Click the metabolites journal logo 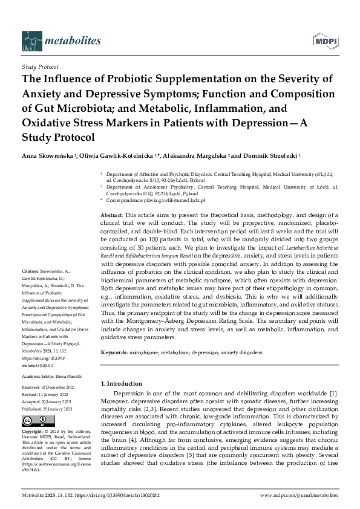[61, 39]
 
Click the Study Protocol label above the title [40, 67]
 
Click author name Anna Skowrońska [47, 155]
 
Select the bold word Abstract [112, 215]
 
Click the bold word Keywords [114, 351]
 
